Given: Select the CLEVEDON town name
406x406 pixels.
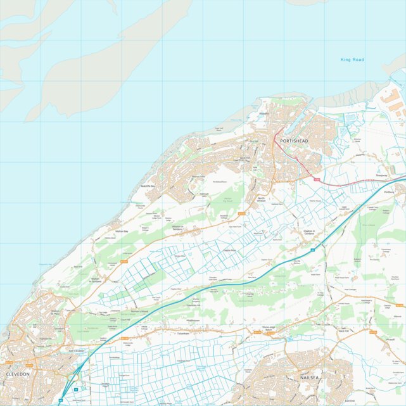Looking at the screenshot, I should coord(17,374).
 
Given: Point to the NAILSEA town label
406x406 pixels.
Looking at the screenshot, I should coord(303,377).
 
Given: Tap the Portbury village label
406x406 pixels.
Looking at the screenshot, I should coord(389,191).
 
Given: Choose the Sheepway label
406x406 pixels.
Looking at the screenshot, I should coord(381,175).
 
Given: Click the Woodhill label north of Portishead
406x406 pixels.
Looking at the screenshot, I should coord(264,114).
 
